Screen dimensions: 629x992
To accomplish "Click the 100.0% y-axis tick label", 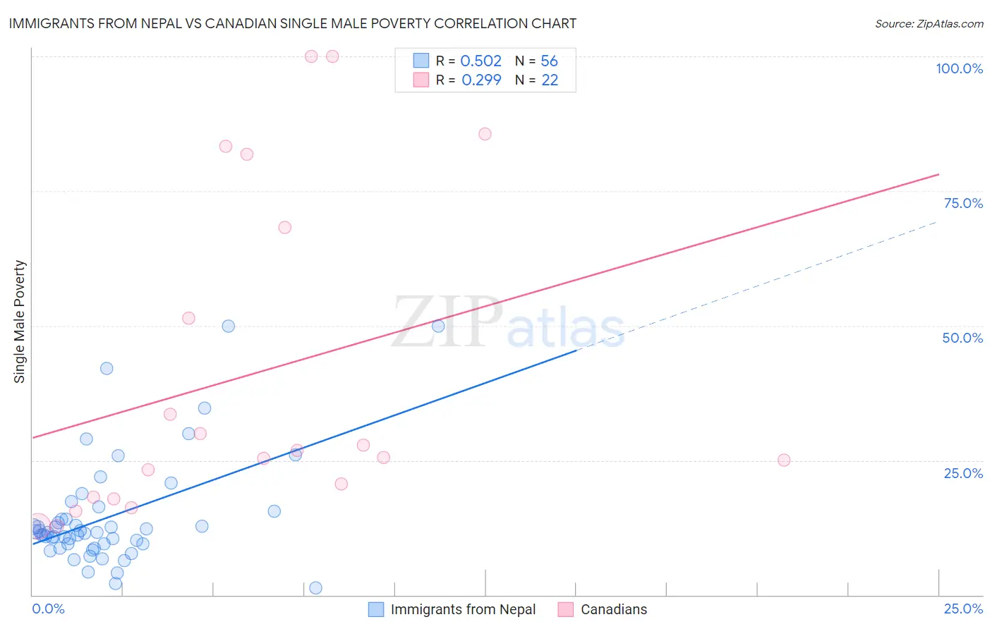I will pyautogui.click(x=959, y=68).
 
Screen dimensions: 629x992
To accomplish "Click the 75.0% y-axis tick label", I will pyautogui.click(x=963, y=203).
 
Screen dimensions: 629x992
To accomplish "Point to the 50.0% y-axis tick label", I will pyautogui.click(x=962, y=338).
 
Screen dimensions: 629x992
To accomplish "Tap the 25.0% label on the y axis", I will pyautogui.click(x=963, y=473).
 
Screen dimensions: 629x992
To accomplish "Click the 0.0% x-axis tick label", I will pyautogui.click(x=48, y=609).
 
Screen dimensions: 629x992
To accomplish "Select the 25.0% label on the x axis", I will pyautogui.click(x=963, y=609).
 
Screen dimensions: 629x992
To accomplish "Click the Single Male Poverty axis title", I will pyautogui.click(x=20, y=322).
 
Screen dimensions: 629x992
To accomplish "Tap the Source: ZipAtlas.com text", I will pyautogui.click(x=929, y=23).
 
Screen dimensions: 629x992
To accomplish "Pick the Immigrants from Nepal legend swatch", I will pyautogui.click(x=376, y=609).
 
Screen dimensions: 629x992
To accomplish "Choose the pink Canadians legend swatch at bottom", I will pyautogui.click(x=565, y=609).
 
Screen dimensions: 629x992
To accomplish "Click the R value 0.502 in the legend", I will pyautogui.click(x=480, y=61).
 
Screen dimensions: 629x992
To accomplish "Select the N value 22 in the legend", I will pyautogui.click(x=550, y=80).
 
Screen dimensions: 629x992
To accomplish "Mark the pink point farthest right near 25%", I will pyautogui.click(x=783, y=460).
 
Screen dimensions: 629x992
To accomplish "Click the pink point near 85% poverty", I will pyautogui.click(x=485, y=134).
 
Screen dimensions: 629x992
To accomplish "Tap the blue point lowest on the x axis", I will pyautogui.click(x=315, y=588).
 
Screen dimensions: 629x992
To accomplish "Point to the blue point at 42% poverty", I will pyautogui.click(x=107, y=368).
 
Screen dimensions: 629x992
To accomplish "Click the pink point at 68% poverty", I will pyautogui.click(x=284, y=227).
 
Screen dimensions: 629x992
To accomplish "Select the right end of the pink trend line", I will pyautogui.click(x=938, y=173).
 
